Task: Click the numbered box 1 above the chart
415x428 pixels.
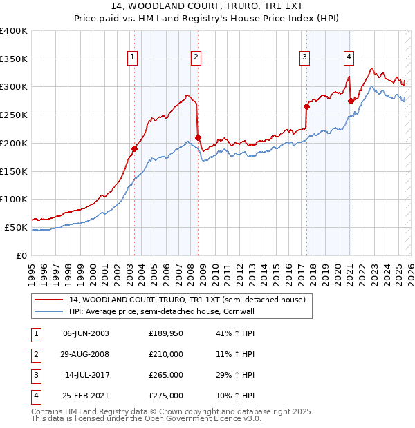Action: tap(132, 57)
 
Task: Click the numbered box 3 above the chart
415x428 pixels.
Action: tap(304, 57)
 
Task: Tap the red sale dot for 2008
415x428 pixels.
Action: tap(198, 137)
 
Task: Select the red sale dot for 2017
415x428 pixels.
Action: tap(306, 106)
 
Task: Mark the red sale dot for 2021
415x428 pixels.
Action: tap(351, 101)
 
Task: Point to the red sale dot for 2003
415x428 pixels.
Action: tap(134, 148)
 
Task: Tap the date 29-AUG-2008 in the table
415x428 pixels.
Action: tap(86, 354)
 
